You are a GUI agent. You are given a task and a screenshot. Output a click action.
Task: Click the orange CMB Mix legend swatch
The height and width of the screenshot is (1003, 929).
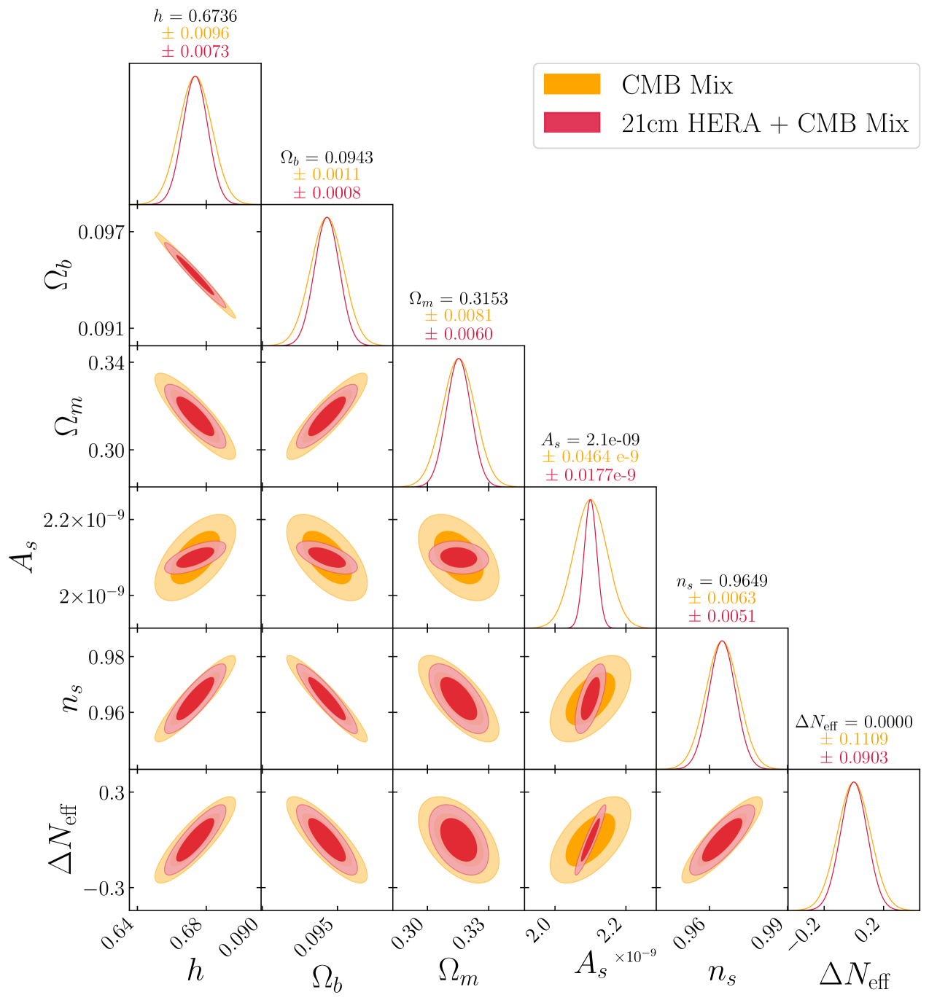coord(572,85)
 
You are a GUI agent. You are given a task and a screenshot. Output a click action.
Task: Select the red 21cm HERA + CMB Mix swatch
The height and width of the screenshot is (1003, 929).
coord(572,122)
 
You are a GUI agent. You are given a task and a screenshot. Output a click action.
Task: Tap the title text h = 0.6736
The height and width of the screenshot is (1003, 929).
coord(195,16)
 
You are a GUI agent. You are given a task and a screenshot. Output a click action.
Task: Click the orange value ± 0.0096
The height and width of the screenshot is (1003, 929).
coord(195,34)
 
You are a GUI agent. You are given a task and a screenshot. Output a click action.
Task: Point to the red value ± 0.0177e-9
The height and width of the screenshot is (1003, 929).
coord(591,475)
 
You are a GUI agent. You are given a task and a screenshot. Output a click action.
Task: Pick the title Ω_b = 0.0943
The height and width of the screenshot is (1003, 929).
coord(327,157)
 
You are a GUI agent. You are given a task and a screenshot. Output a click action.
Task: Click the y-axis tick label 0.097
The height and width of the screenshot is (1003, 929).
coord(101,232)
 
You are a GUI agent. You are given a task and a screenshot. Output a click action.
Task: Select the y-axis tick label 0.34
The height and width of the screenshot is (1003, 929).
coord(106,362)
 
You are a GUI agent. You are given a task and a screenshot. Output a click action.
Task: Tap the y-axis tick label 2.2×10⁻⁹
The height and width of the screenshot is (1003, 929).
coord(83,520)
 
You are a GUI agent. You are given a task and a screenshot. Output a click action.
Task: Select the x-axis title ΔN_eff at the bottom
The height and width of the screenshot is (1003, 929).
coord(855,975)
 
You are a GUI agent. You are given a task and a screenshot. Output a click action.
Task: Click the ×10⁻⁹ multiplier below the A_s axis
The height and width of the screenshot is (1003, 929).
coord(635,956)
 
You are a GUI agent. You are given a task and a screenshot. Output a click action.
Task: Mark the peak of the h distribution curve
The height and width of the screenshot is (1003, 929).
coord(195,76)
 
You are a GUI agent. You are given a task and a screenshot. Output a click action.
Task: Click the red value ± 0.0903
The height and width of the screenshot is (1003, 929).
coord(854,758)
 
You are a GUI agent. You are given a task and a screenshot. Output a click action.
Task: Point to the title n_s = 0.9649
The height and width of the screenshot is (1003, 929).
coord(722,581)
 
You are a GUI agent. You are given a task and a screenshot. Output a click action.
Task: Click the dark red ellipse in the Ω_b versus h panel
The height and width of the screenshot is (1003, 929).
coord(195,275)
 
